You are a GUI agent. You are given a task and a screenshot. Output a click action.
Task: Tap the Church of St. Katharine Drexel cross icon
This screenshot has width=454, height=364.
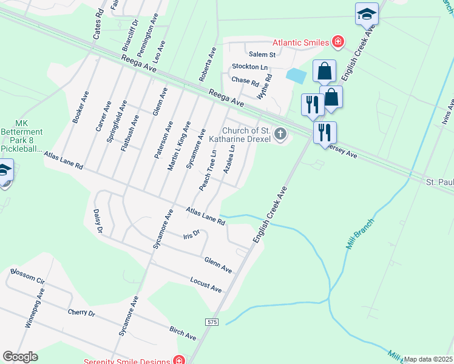point(280,133)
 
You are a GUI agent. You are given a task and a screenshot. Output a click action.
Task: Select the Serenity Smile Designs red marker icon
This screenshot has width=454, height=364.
point(178,360)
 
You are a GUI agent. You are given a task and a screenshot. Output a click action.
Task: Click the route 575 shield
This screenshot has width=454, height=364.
point(211,322)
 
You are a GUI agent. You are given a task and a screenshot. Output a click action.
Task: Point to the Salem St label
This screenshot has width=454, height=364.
point(262,55)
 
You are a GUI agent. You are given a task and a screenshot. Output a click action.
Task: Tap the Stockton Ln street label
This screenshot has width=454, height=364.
point(249,67)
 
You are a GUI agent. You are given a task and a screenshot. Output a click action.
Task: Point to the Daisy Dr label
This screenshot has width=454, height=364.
point(98,221)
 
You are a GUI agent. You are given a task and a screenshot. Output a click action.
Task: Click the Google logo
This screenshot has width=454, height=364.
point(20,357)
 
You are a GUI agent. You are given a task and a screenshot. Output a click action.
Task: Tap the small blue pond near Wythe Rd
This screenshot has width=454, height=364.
point(296,76)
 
